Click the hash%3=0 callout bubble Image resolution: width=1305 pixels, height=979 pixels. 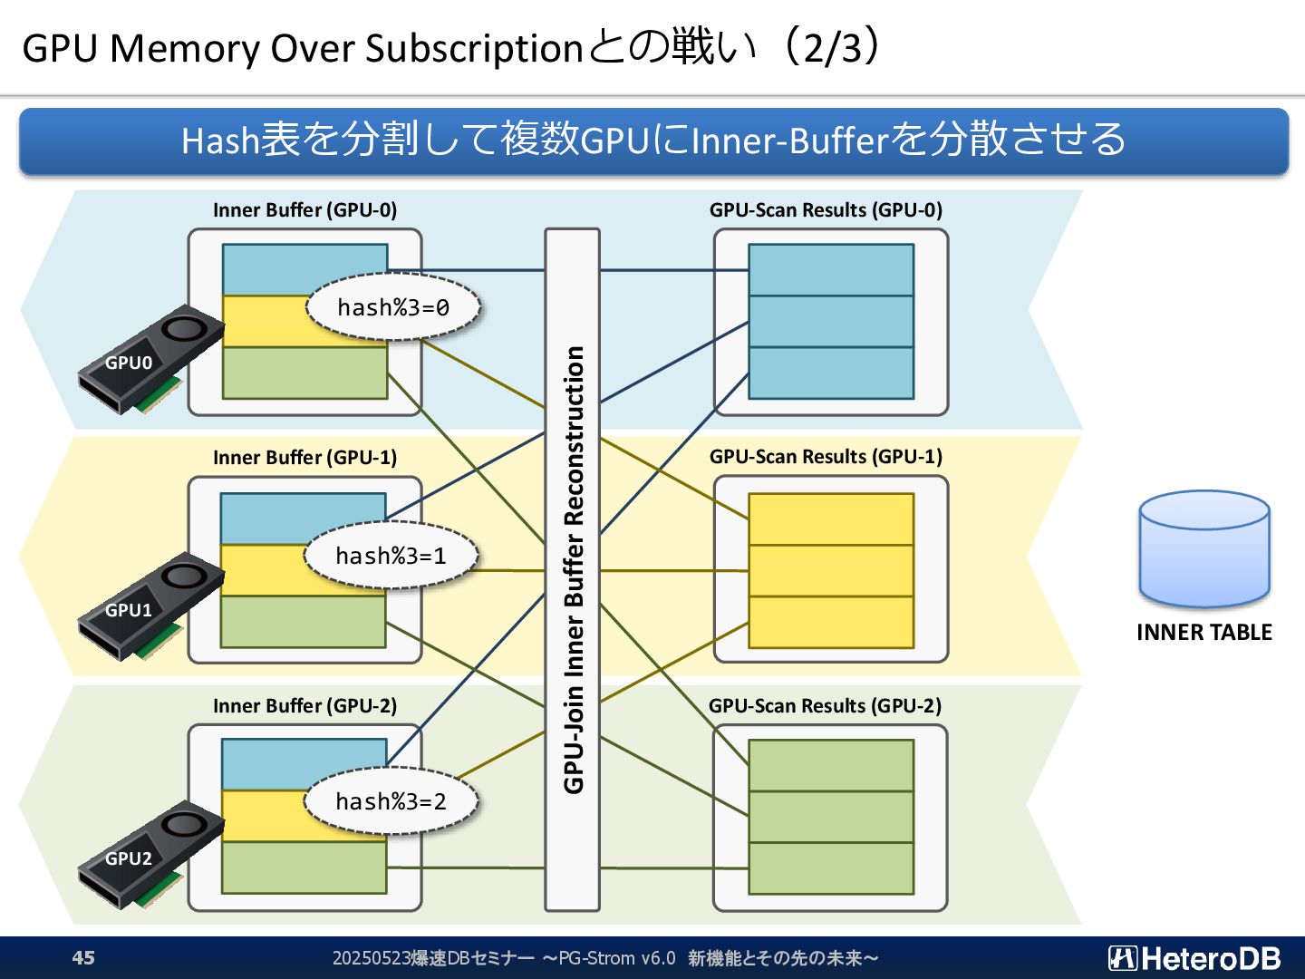click(x=393, y=306)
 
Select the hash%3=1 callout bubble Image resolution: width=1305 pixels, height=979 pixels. click(x=391, y=555)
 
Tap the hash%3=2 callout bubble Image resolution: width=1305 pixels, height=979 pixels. click(x=391, y=800)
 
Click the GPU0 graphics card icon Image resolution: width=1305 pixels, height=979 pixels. click(x=151, y=359)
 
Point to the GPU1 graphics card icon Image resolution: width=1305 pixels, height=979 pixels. click(x=151, y=606)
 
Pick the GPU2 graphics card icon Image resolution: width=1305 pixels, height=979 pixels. click(x=151, y=855)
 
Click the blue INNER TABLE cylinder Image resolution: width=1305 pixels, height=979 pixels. click(x=1204, y=548)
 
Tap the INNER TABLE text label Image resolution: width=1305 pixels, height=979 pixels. click(x=1204, y=632)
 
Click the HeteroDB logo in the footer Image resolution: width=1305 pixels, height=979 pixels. click(x=1194, y=958)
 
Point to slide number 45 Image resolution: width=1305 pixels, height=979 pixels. click(x=83, y=957)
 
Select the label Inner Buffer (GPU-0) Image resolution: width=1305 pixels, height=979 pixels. click(x=305, y=209)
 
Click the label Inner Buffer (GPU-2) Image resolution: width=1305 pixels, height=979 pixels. click(x=305, y=705)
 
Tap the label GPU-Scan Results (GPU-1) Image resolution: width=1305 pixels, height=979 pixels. click(x=826, y=457)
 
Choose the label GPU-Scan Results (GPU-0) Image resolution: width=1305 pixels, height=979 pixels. click(x=826, y=209)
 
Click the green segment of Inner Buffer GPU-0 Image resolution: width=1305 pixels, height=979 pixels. click(x=305, y=373)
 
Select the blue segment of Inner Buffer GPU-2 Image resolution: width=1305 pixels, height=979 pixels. click(x=304, y=764)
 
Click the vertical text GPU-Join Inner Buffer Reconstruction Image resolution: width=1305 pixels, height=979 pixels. click(x=573, y=569)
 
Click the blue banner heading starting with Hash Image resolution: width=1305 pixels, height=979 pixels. click(x=653, y=141)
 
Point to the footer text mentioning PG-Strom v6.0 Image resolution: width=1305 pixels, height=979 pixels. click(x=605, y=958)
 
